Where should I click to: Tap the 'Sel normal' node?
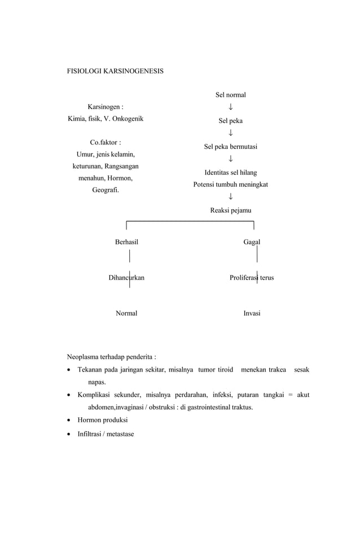(x=230, y=95)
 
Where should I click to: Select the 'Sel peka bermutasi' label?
(x=230, y=147)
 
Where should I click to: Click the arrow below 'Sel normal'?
(x=231, y=107)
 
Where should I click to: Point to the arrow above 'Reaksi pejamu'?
(x=231, y=197)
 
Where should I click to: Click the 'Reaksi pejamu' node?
(x=230, y=210)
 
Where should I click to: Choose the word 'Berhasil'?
(x=126, y=242)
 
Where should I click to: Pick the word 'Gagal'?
(x=252, y=242)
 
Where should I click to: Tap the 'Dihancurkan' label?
(x=126, y=277)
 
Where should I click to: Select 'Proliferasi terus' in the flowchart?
(x=252, y=277)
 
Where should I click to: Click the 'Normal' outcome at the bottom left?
(x=126, y=313)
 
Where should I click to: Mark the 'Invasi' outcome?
(x=252, y=313)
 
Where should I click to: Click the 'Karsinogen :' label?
(x=106, y=107)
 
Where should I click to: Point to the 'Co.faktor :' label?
(x=106, y=142)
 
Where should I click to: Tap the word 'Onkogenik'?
(x=127, y=118)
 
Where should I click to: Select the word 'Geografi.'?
(x=106, y=190)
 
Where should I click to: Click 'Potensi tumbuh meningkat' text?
(x=230, y=184)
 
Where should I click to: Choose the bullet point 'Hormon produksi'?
(x=103, y=420)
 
